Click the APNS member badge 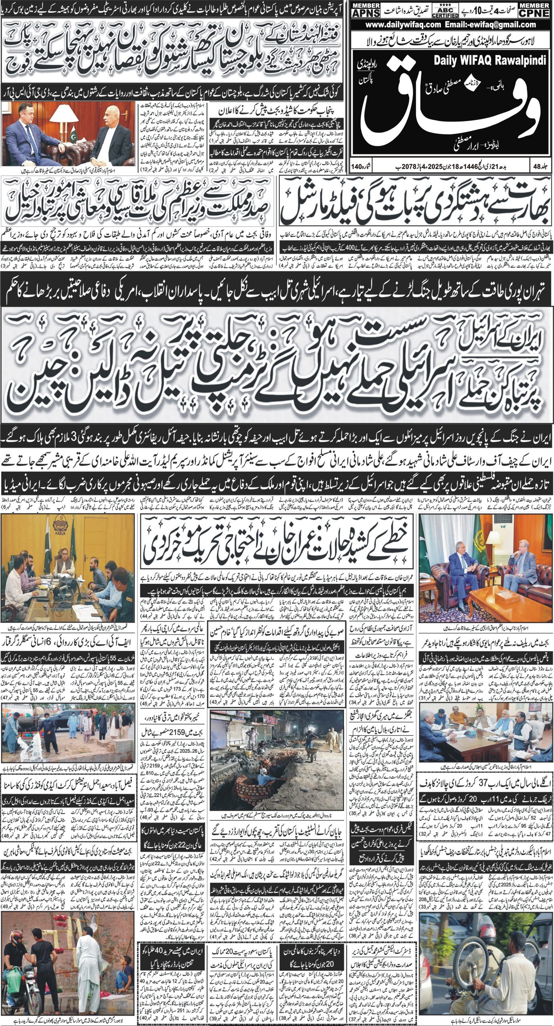point(365,10)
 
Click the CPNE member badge point(534,10)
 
